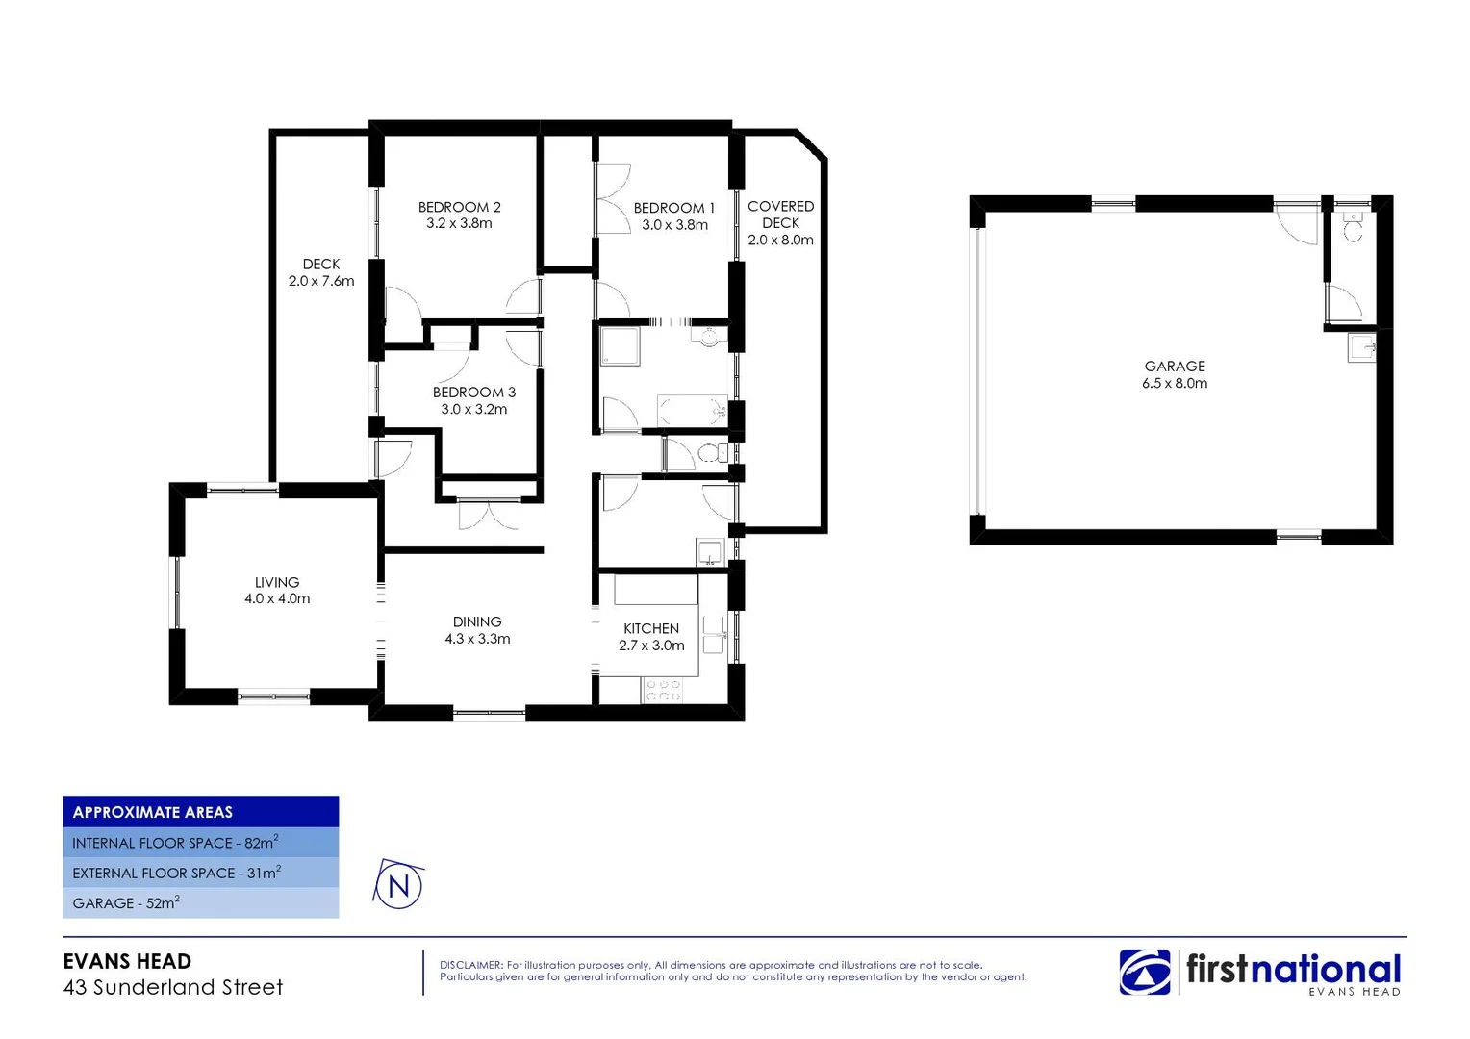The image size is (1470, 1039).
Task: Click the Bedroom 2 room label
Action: (459, 207)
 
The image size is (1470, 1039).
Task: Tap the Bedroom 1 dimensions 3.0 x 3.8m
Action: (674, 225)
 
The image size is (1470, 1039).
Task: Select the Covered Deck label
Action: (780, 215)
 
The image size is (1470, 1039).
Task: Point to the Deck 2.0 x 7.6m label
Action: (321, 272)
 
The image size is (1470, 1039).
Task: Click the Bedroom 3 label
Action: (473, 393)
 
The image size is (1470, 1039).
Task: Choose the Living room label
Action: (277, 582)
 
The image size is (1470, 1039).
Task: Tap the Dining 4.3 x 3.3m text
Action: (477, 630)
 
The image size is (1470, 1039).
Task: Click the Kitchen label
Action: (651, 628)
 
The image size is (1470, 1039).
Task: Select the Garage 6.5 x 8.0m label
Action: (1175, 374)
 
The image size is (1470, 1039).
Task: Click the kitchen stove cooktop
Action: (663, 690)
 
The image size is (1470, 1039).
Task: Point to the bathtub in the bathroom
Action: (692, 411)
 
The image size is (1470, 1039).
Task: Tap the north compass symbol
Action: (398, 885)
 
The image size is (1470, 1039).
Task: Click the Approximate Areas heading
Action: (153, 812)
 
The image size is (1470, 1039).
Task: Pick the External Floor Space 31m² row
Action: (176, 873)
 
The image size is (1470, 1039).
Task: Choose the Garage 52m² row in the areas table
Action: (126, 903)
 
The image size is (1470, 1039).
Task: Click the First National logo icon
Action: (1145, 972)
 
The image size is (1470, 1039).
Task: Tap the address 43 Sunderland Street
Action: (173, 987)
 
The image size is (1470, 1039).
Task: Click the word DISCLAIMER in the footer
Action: (470, 965)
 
